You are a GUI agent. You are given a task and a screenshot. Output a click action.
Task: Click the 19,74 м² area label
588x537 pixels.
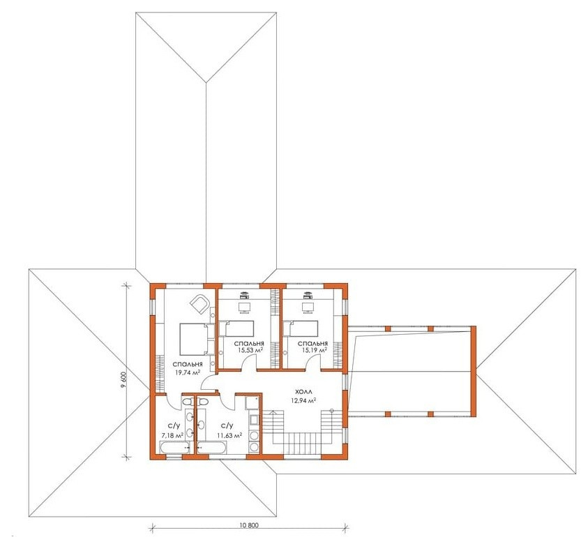tap(187, 372)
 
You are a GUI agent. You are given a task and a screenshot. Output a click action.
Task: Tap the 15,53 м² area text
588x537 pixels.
tap(250, 350)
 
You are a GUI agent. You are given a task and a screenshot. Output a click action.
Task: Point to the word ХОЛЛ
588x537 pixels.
tap(303, 392)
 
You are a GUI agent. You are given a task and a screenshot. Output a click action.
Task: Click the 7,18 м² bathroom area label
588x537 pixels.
tap(172, 435)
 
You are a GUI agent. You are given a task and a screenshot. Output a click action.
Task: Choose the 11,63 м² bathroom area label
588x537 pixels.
tap(229, 435)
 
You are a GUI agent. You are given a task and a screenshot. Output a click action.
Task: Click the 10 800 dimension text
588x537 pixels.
tap(248, 525)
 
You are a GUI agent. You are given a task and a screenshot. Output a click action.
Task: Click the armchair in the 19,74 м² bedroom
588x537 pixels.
tap(199, 303)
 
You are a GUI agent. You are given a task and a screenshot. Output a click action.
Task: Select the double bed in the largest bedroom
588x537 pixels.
tap(193, 340)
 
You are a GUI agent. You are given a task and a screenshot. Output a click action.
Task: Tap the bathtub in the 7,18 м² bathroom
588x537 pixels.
tap(175, 447)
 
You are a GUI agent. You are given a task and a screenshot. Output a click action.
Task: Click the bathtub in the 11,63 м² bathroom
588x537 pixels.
tap(212, 447)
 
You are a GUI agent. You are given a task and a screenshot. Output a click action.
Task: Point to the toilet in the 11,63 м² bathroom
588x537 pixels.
tap(203, 402)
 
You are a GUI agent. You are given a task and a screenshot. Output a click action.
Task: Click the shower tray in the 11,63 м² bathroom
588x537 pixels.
tap(252, 403)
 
